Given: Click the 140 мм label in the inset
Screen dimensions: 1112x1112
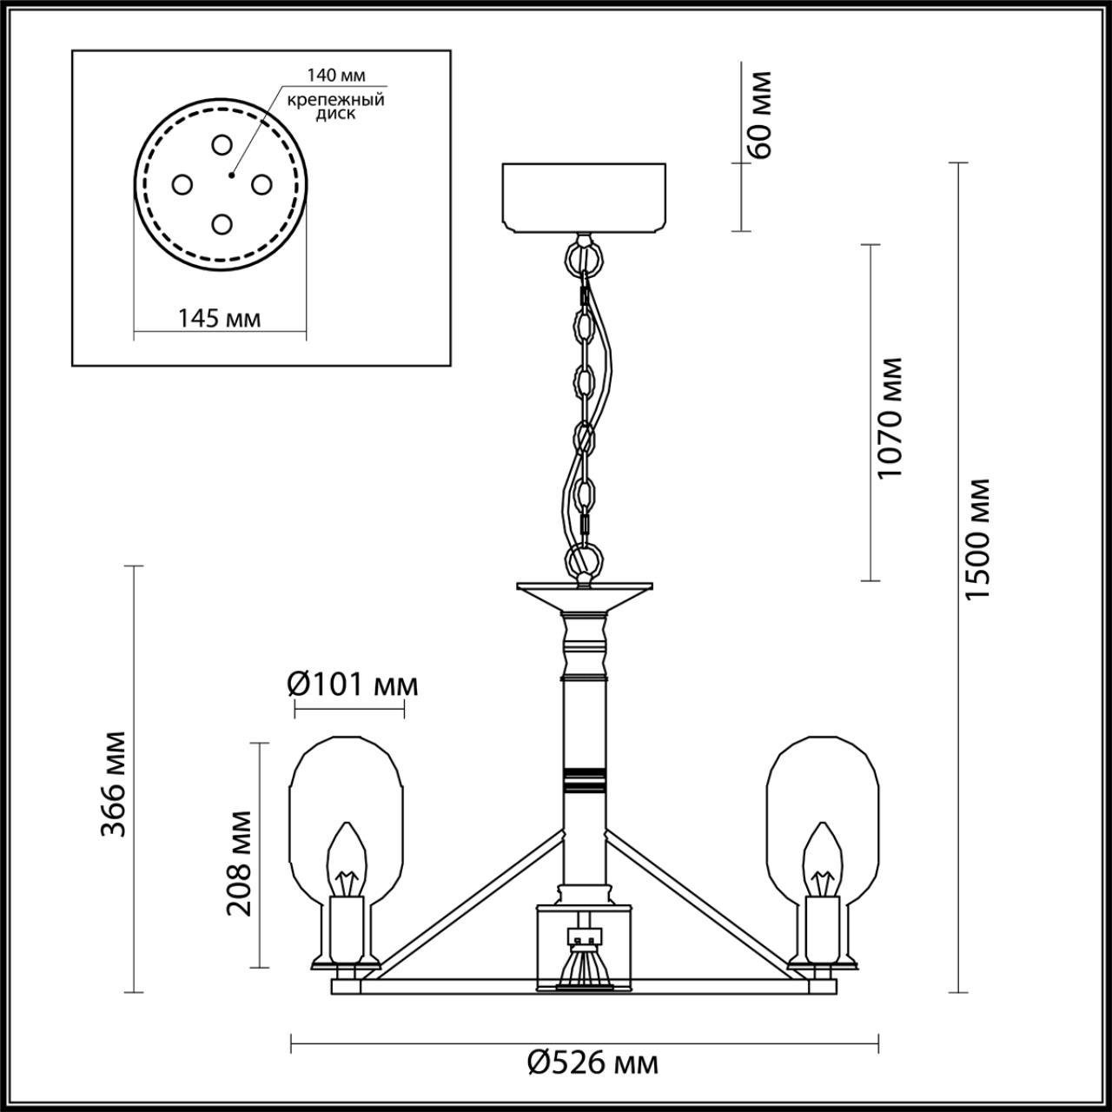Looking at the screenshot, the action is (336, 75).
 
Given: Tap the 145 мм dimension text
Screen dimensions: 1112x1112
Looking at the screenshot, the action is (219, 318).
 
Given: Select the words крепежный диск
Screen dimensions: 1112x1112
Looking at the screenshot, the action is (336, 107).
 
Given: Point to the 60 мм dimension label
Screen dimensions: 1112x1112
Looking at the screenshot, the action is (758, 115).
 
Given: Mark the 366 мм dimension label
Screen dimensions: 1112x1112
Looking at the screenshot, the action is (113, 784).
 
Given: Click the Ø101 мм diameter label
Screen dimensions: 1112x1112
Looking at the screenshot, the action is (353, 685).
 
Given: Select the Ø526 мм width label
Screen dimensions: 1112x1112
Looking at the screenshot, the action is (593, 1062).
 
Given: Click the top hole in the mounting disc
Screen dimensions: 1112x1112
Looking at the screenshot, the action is (221, 145).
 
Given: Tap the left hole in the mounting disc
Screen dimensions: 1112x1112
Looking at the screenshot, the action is (182, 185).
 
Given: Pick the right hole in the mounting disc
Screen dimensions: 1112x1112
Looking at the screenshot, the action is (261, 185).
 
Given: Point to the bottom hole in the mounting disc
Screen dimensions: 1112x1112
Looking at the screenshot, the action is (221, 224).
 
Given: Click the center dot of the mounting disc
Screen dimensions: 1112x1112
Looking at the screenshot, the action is (231, 175).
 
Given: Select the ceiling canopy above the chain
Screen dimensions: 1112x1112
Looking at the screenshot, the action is (584, 198).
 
